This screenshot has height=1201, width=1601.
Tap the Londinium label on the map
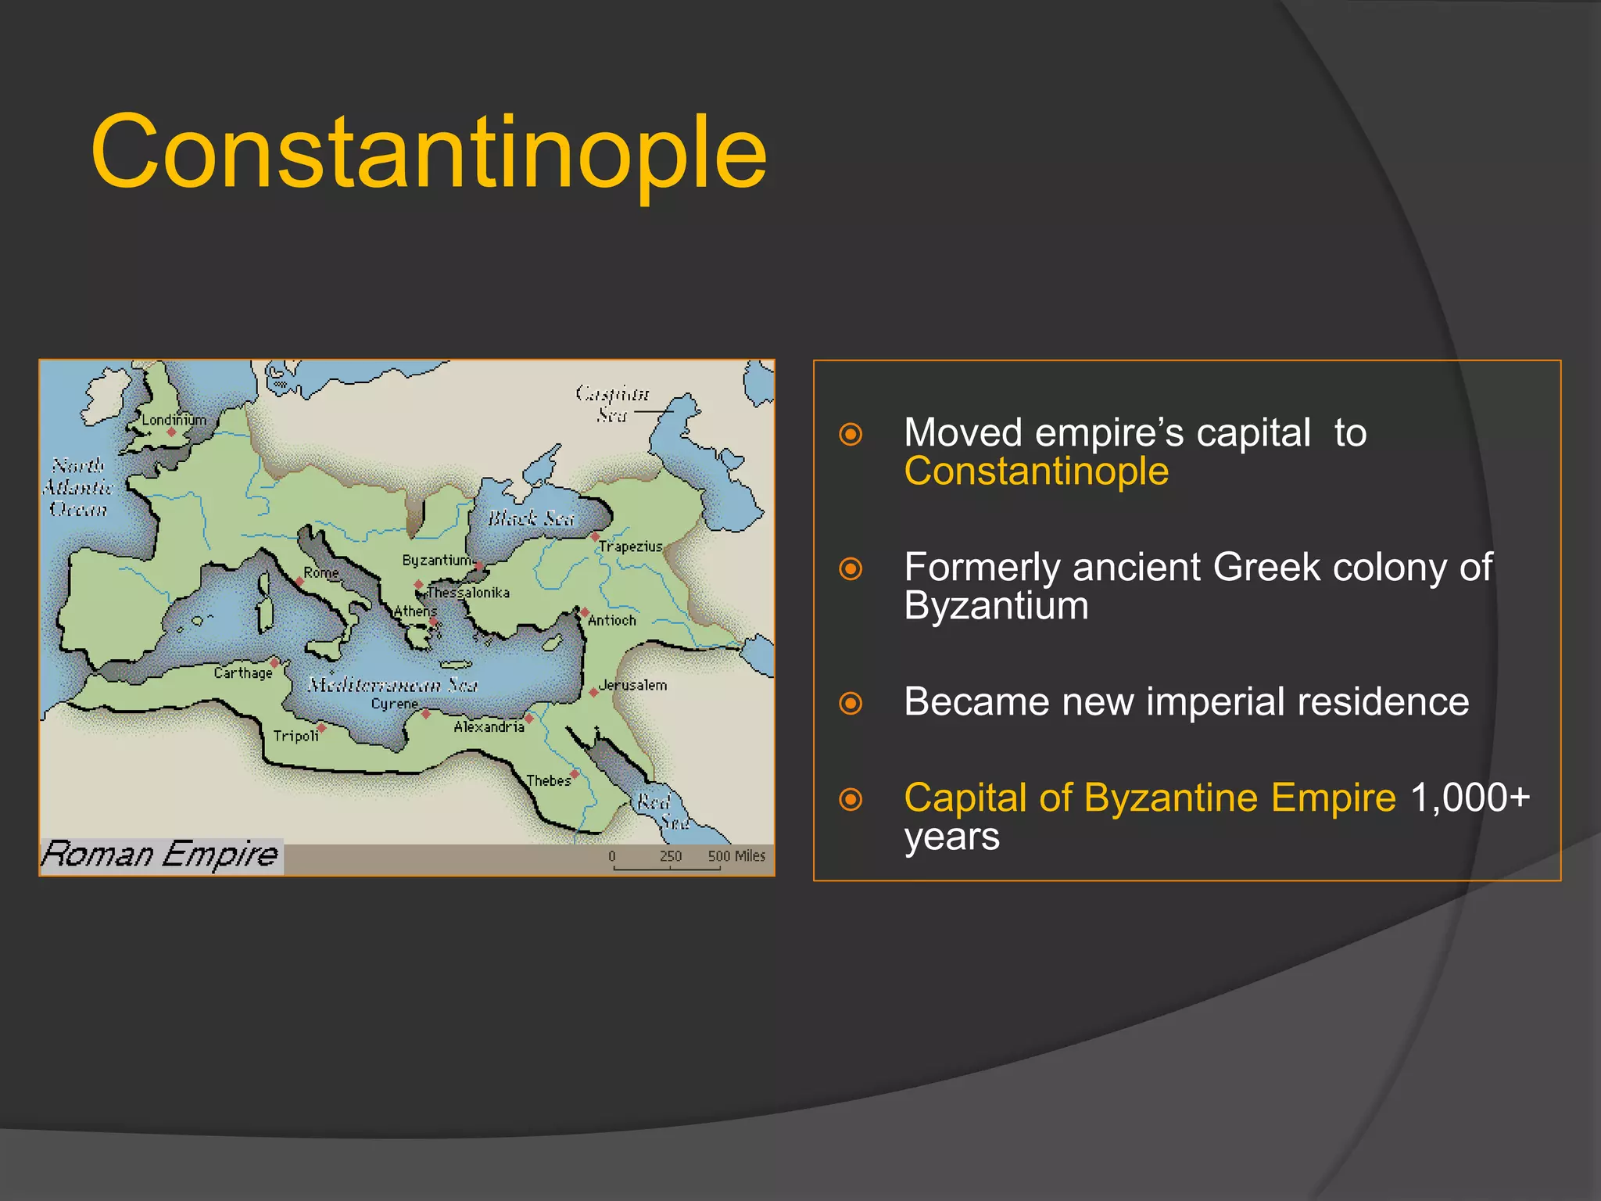(x=174, y=420)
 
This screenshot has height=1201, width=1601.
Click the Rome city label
(x=321, y=572)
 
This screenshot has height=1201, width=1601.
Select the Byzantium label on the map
(x=436, y=560)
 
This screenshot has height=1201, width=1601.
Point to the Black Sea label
(x=531, y=518)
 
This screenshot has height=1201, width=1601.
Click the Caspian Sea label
(x=612, y=403)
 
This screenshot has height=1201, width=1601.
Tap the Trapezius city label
(x=630, y=547)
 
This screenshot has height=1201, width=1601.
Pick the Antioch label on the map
(x=611, y=620)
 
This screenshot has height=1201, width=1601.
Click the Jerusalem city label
(x=632, y=685)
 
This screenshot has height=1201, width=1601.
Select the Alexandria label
(x=489, y=726)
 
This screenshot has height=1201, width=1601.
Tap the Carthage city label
(x=243, y=672)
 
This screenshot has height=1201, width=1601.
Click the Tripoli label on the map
(x=295, y=736)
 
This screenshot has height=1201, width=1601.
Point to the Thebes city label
(x=548, y=780)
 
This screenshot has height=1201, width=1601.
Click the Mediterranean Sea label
(x=392, y=685)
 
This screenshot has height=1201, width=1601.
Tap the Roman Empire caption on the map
(x=160, y=854)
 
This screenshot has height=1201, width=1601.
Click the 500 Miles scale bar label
(x=736, y=855)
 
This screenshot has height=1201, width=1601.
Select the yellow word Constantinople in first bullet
(x=1036, y=471)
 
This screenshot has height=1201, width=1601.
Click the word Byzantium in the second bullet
(x=996, y=606)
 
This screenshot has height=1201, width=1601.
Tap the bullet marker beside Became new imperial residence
(x=851, y=703)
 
